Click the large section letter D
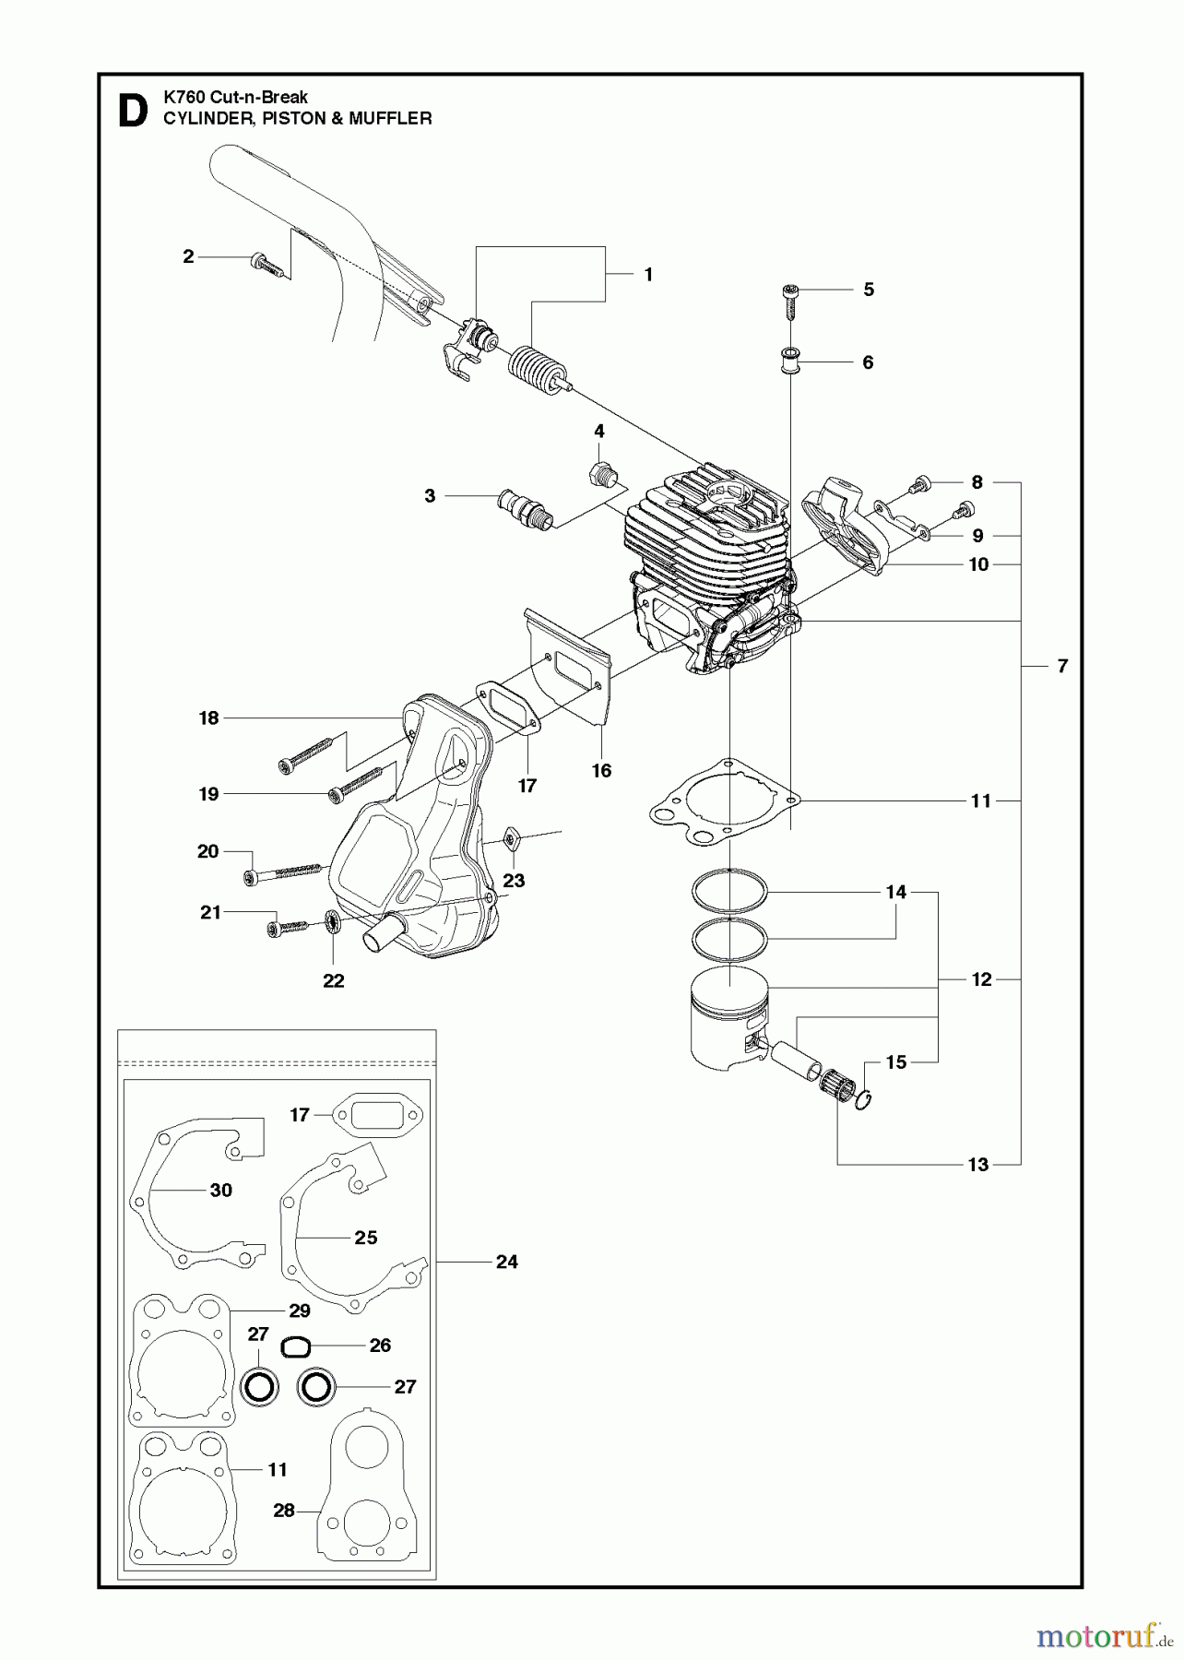click(133, 110)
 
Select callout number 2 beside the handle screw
click(188, 256)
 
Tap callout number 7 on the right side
click(1062, 665)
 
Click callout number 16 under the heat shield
click(601, 770)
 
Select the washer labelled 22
click(333, 923)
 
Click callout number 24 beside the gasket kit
click(506, 1261)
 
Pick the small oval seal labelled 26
click(293, 1347)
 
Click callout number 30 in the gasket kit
click(221, 1190)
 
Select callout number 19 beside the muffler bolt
click(208, 793)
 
